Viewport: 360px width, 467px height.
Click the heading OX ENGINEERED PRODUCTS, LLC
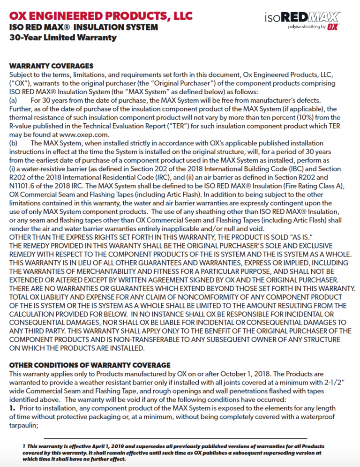click(101, 15)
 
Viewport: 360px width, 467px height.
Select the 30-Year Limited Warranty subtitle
click(63, 38)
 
